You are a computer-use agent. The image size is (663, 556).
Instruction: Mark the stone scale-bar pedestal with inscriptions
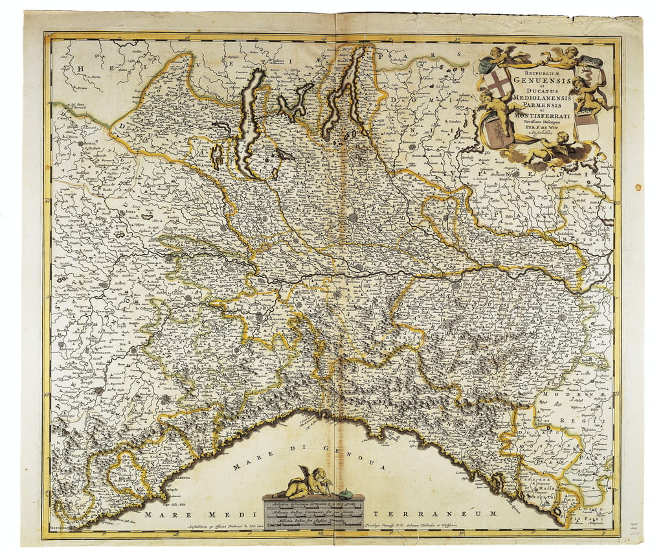point(313,512)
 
